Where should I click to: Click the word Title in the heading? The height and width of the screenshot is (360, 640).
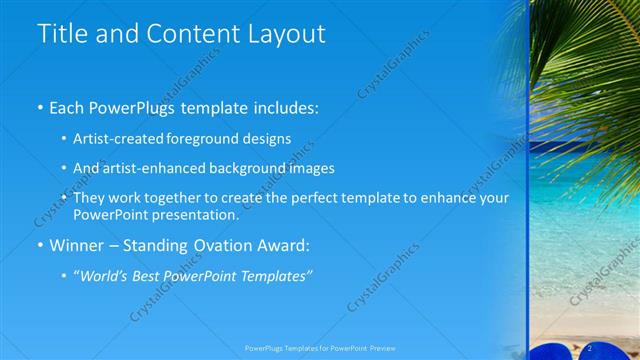click(x=60, y=33)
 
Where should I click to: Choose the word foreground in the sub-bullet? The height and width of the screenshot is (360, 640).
click(x=203, y=139)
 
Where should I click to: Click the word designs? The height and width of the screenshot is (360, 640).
click(x=266, y=139)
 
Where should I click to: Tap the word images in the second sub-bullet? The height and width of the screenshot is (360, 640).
click(x=312, y=168)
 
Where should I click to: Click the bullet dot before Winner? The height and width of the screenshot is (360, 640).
click(x=41, y=245)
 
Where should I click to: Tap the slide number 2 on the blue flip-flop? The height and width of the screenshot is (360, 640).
click(x=591, y=347)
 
